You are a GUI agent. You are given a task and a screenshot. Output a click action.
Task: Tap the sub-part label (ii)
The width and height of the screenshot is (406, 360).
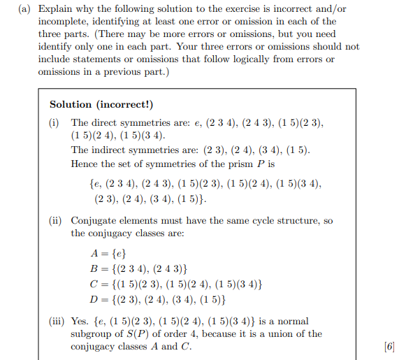55,221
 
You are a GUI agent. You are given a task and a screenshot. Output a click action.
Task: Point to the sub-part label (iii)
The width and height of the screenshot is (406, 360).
57,322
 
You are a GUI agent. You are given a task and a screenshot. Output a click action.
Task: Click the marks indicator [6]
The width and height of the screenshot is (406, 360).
389,347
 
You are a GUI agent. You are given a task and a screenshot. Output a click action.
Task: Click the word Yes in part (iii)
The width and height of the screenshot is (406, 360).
81,322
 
